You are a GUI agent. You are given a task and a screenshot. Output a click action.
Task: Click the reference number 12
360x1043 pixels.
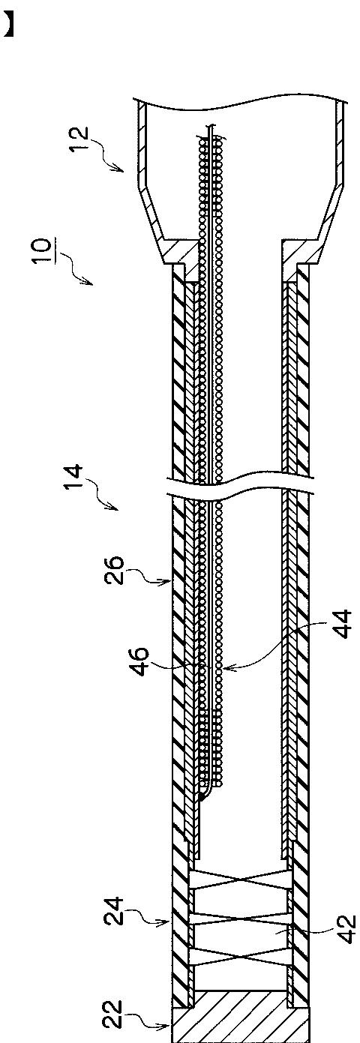(x=79, y=139)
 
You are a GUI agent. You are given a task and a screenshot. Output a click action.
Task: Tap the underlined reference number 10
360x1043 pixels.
(x=43, y=250)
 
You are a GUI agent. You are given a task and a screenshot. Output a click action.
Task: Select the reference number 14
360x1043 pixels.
(x=73, y=477)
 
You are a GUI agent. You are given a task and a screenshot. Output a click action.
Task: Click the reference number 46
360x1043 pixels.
(x=139, y=661)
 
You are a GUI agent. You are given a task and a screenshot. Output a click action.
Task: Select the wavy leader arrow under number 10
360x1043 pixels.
(x=74, y=268)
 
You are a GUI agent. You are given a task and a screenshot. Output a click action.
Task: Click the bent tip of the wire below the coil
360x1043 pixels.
(x=201, y=799)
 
